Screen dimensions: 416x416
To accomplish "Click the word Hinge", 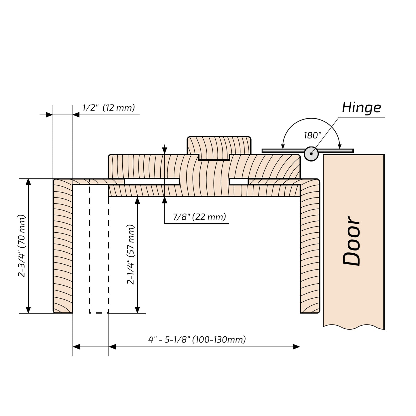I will [361, 108].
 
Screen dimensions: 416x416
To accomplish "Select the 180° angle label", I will [312, 135].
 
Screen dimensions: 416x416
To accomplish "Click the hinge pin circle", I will [311, 154].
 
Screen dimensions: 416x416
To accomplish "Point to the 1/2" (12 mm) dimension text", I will [108, 108].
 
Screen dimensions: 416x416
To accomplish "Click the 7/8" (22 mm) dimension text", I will [199, 217].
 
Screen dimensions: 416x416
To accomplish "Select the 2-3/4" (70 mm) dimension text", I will [22, 246].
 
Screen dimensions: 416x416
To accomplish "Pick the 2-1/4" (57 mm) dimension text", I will [131, 254].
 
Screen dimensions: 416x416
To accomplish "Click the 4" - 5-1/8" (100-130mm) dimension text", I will [197, 340].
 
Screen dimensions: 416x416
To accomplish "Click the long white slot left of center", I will [152, 182].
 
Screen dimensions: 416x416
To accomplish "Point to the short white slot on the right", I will [239, 182].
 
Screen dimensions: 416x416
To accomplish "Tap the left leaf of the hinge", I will [283, 151].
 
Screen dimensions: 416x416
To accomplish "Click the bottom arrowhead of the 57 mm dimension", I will [138, 310].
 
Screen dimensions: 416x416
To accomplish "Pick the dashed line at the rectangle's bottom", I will [99, 313].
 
